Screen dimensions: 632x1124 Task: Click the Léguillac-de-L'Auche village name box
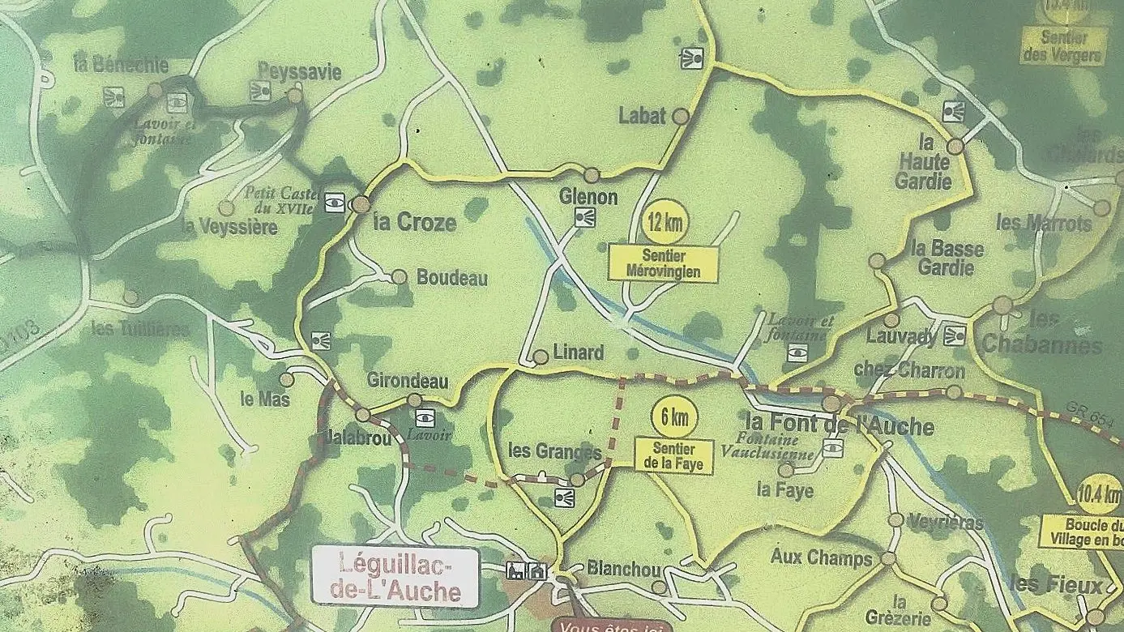(395, 576)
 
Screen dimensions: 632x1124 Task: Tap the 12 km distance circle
(662, 221)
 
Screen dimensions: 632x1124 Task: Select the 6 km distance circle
(674, 417)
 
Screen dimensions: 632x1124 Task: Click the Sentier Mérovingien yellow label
(663, 264)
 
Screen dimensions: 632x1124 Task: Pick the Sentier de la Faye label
(674, 456)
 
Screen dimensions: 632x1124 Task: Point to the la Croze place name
(415, 223)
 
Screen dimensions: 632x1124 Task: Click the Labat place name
(642, 116)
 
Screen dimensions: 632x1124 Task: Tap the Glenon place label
(588, 197)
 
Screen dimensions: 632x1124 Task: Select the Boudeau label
(451, 278)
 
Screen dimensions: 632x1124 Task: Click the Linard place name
(578, 352)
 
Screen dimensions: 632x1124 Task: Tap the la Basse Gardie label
(947, 258)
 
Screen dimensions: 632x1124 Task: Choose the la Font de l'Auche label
(839, 426)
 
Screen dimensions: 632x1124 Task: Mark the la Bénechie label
(121, 66)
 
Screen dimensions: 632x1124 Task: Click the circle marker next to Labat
(681, 117)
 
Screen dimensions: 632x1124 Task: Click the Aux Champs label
(821, 557)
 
